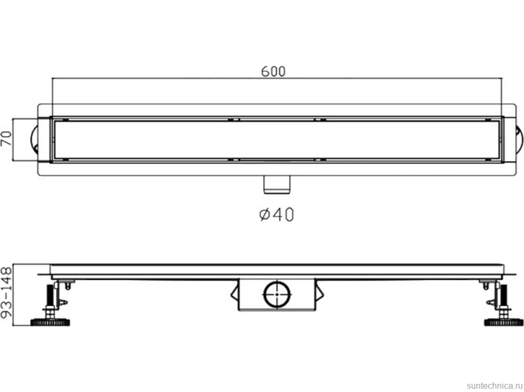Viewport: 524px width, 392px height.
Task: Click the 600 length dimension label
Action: point(273,71)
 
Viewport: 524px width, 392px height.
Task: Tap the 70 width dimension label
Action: point(6,138)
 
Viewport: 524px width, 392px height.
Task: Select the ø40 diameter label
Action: point(277,214)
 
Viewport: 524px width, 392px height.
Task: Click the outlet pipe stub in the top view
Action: point(277,184)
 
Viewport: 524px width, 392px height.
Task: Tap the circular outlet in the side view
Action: point(277,294)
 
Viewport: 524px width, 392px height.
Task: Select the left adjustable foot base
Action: point(50,322)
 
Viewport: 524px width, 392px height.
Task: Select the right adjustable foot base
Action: point(503,322)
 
